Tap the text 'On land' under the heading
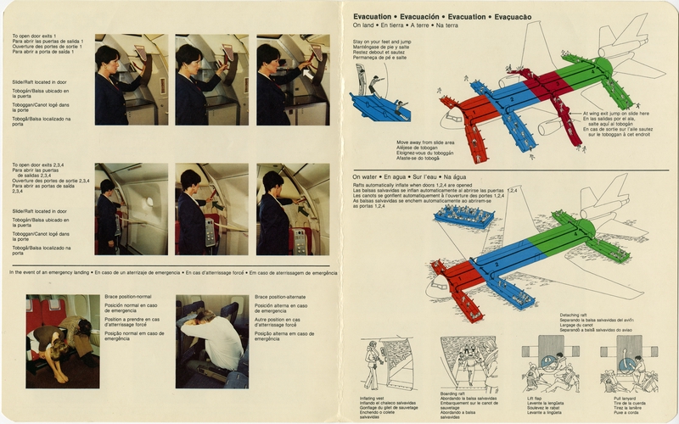click(365, 26)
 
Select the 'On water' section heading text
click(368, 177)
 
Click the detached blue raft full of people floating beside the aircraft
click(463, 215)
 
